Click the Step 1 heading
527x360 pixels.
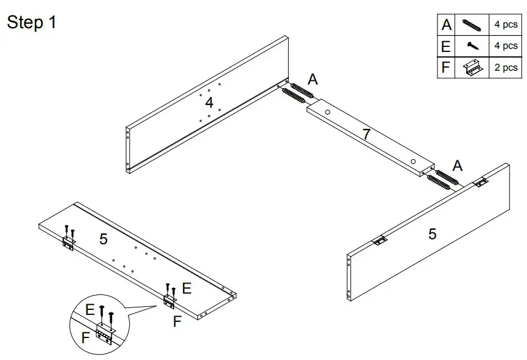31,23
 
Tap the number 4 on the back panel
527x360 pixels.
209,101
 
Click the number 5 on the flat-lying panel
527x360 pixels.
104,239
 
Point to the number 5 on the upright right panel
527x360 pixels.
432,234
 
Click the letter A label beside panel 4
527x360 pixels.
313,80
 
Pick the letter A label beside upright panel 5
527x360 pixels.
457,165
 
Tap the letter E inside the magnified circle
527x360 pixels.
90,310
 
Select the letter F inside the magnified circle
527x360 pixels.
85,338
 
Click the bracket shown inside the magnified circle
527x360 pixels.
105,334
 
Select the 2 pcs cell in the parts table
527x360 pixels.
506,67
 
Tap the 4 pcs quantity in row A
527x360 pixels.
506,25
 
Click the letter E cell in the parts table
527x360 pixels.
446,46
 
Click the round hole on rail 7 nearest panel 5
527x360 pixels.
413,162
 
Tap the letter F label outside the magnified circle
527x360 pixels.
177,321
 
